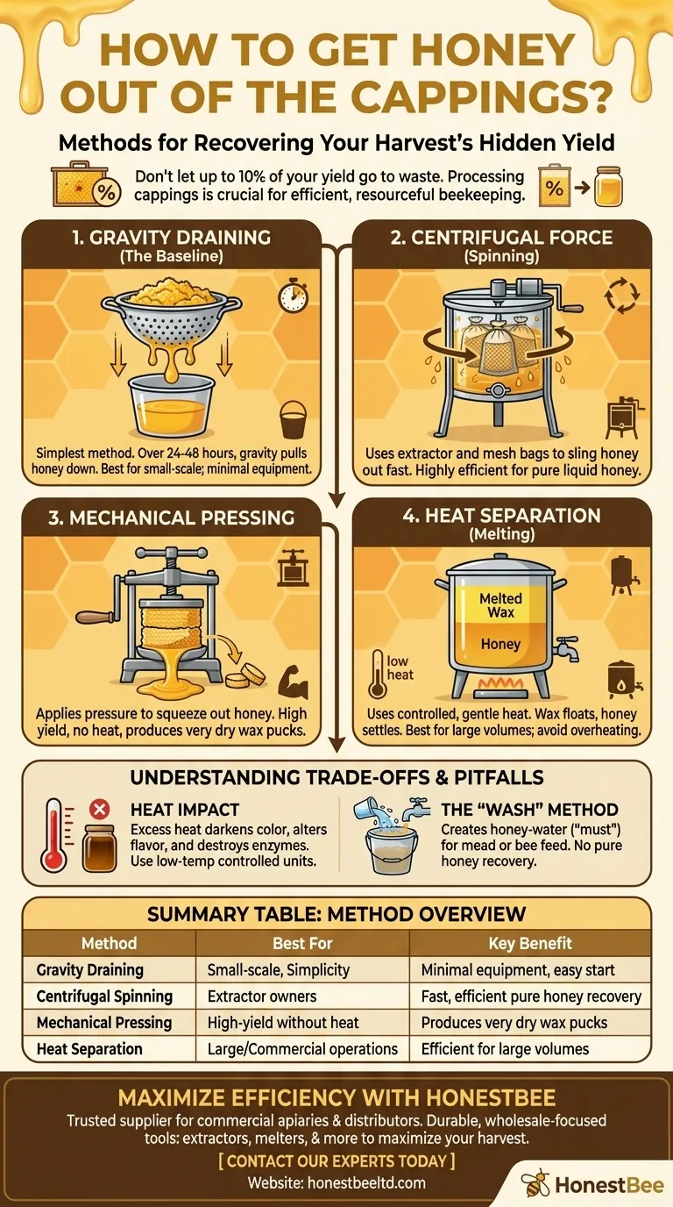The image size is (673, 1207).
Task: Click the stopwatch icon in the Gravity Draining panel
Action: click(x=293, y=296)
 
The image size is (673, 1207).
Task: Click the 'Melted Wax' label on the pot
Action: click(x=500, y=605)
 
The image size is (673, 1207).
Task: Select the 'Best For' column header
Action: click(x=301, y=944)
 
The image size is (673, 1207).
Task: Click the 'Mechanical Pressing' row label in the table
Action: click(x=104, y=1023)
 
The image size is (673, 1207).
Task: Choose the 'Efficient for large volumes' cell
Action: click(x=505, y=1048)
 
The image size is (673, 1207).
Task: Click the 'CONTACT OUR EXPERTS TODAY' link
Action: click(x=336, y=1162)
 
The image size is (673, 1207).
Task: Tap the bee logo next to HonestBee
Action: click(x=535, y=1185)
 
